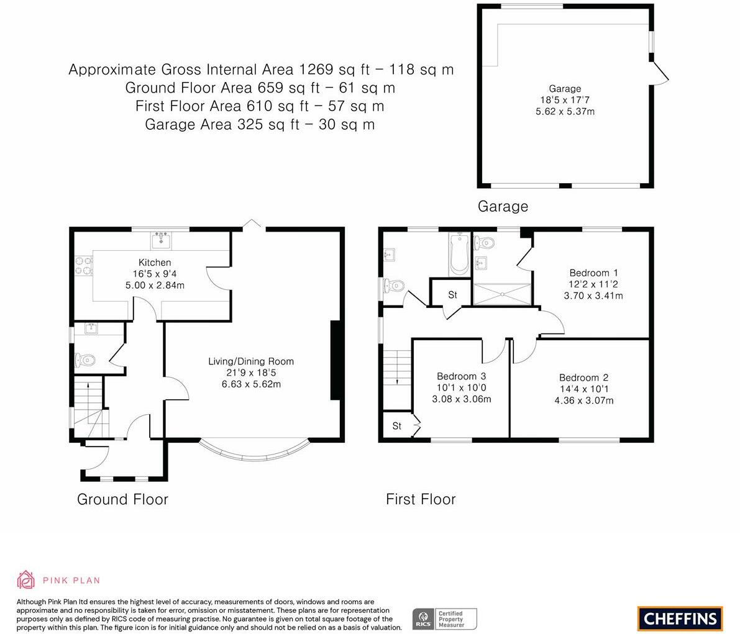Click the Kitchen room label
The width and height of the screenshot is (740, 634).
155,263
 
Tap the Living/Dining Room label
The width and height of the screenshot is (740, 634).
251,361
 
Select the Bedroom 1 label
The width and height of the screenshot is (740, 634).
593,273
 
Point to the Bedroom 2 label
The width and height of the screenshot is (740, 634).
584,378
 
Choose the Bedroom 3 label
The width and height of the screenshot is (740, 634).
461,376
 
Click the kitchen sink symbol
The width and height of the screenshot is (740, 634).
162,240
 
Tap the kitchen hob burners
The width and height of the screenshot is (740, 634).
83,265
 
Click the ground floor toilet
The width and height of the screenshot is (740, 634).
85,361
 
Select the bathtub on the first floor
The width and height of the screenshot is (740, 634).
459,254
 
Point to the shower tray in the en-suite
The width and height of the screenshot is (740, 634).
502,294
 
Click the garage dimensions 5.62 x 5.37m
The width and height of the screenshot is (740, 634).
565,112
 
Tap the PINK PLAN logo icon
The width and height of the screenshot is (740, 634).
26,580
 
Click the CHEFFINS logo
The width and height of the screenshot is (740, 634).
680,618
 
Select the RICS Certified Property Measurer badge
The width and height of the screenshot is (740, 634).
445,619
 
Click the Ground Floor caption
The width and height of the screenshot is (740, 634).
122,499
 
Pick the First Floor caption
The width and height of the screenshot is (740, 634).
421,499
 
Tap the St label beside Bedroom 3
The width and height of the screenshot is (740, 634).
397,426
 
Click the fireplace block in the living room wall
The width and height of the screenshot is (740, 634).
336,360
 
